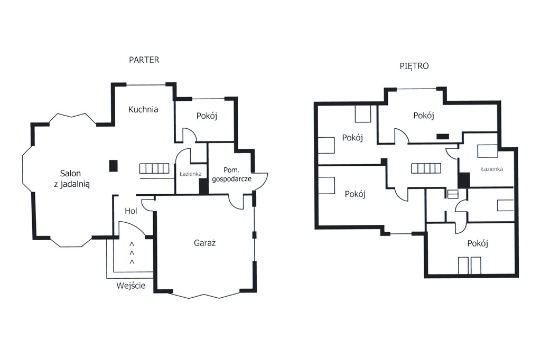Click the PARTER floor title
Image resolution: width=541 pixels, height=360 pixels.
(x=144, y=60)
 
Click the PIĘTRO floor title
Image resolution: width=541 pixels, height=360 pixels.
(x=414, y=66)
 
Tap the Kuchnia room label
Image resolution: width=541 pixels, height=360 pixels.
(x=143, y=109)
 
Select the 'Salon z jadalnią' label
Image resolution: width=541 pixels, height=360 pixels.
(x=71, y=178)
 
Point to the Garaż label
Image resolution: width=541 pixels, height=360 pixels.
(x=204, y=243)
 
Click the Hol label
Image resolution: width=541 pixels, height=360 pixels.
(x=131, y=211)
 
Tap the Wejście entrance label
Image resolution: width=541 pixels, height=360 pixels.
(x=131, y=286)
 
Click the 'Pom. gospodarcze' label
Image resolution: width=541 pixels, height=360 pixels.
(x=231, y=175)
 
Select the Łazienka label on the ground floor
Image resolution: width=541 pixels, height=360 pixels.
(x=190, y=174)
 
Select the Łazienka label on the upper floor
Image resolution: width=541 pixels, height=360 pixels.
(x=492, y=169)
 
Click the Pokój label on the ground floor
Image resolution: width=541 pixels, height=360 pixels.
(x=207, y=116)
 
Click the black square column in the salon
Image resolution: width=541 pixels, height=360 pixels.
(x=113, y=166)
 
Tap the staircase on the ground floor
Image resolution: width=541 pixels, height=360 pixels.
(x=154, y=168)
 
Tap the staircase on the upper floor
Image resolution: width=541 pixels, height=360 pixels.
(x=426, y=168)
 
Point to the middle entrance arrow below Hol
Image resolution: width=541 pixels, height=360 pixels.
(x=132, y=253)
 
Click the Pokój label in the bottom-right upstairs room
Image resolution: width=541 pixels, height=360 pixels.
(x=478, y=243)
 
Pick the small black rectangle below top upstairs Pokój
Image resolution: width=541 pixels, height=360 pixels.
(x=443, y=137)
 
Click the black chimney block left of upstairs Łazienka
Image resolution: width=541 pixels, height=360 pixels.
(x=464, y=180)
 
